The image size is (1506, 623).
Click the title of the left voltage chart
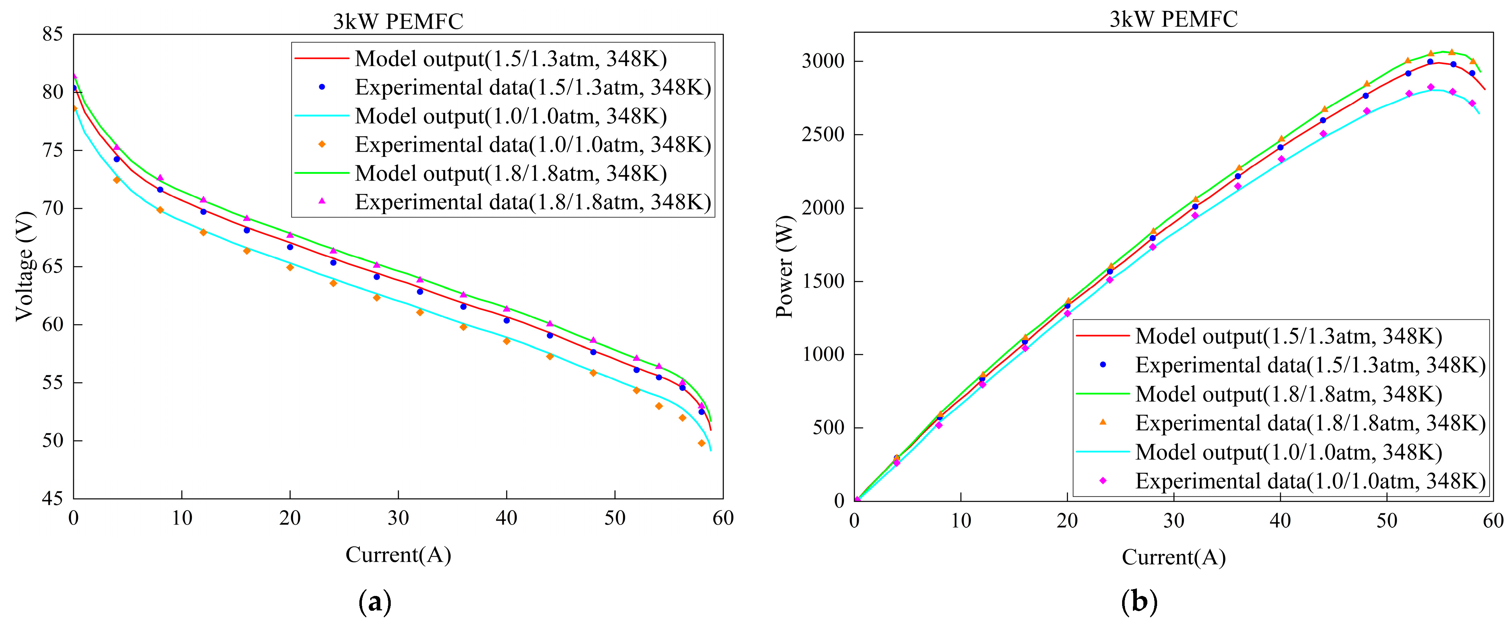[x=398, y=22]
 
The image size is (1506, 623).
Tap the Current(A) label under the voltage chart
[x=398, y=554]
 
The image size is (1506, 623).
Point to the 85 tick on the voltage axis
[x=53, y=34]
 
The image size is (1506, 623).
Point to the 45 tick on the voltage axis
[x=53, y=499]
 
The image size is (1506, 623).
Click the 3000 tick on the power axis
[x=823, y=61]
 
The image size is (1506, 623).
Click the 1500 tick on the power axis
[x=823, y=281]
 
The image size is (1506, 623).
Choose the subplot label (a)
[x=375, y=601]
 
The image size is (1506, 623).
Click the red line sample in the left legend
[x=321, y=58]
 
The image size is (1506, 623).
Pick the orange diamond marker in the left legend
[x=321, y=144]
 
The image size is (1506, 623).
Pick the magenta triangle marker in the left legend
[x=321, y=201]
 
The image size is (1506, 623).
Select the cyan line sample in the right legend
[x=1103, y=452]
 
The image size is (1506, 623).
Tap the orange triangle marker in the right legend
[x=1103, y=422]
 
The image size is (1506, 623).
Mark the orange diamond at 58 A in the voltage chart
[x=701, y=443]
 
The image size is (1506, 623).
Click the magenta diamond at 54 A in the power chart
[x=1431, y=87]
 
